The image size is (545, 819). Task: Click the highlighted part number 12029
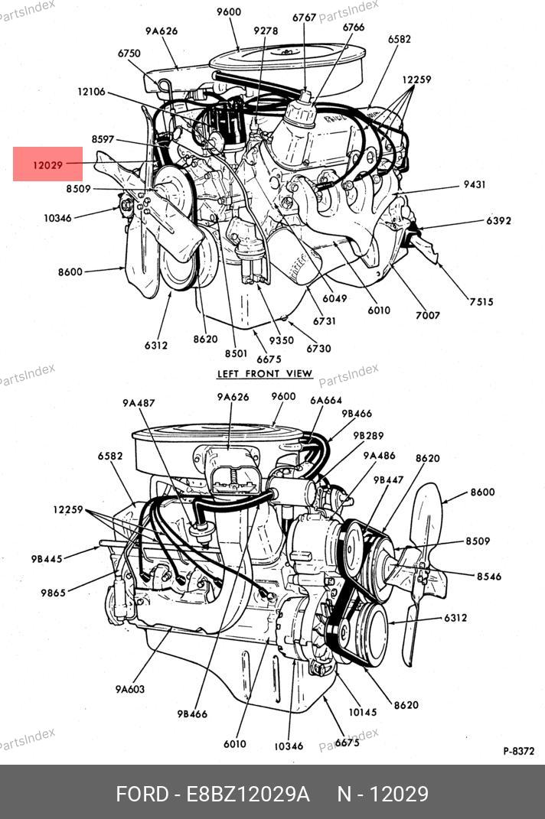47,164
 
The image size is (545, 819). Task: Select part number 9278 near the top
266,31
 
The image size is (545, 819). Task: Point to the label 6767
305,17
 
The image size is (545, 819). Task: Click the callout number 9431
475,185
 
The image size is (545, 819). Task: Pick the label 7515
481,302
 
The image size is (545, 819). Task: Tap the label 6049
335,298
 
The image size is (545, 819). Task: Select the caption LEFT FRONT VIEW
265,373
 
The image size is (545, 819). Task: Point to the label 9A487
138,403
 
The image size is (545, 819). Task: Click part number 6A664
326,400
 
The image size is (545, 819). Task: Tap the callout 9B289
368,435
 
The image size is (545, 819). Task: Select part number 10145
362,712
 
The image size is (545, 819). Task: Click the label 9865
53,593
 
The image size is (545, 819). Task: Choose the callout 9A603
130,689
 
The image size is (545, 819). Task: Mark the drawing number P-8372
518,751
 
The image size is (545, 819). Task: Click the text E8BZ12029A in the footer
248,794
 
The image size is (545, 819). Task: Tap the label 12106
91,92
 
